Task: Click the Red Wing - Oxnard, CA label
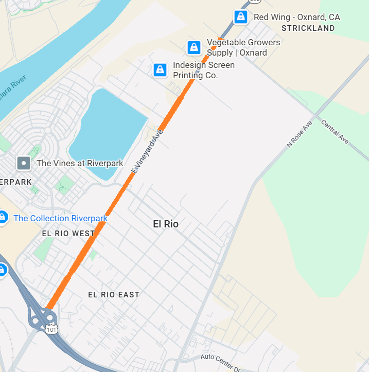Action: [296, 17]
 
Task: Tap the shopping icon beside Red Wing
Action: [240, 17]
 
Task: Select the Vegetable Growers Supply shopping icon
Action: [194, 48]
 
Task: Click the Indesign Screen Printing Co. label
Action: [203, 70]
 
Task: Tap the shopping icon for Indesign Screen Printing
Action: [160, 70]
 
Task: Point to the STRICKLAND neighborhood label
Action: [308, 29]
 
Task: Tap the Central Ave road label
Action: [335, 132]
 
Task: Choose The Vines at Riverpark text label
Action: [80, 164]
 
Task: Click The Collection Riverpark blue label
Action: [60, 218]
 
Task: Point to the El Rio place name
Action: [166, 224]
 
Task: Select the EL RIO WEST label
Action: [68, 234]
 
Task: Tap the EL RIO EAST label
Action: [114, 295]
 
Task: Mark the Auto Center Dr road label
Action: [220, 357]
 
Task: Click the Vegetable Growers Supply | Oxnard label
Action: [243, 47]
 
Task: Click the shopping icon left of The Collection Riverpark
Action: [2, 217]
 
